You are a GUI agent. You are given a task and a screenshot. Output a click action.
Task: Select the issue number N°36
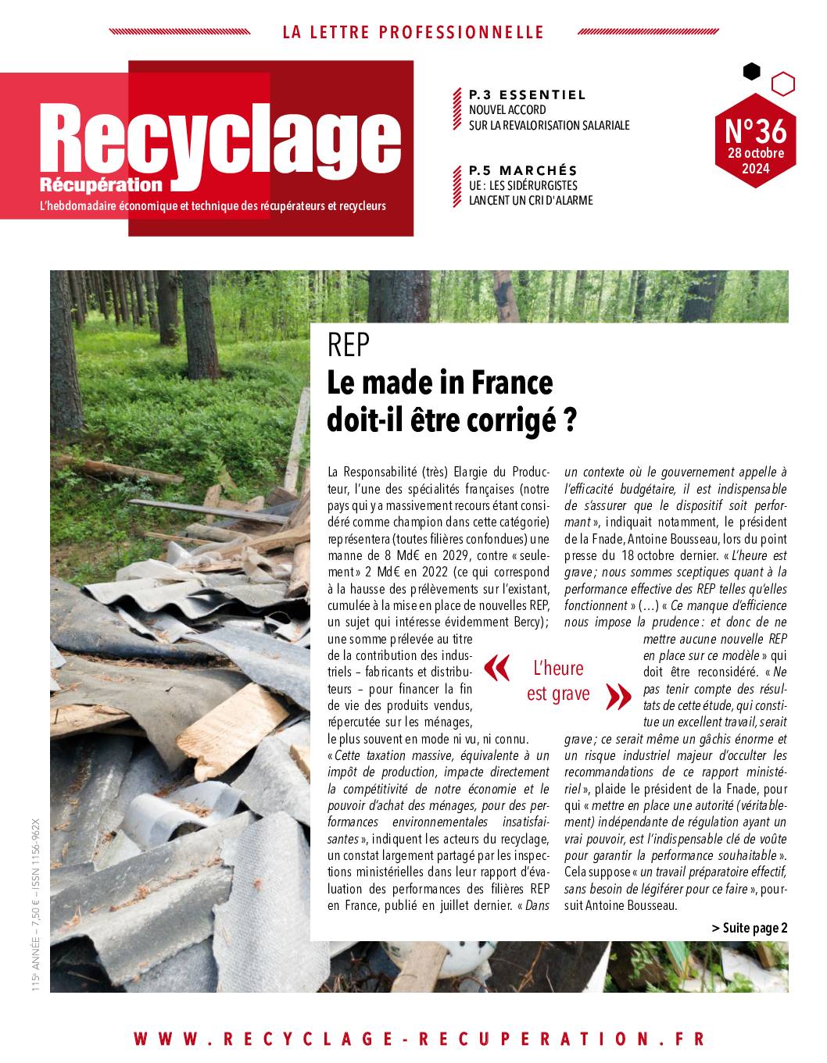(x=755, y=128)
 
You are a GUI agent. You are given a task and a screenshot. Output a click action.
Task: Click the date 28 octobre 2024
(x=755, y=160)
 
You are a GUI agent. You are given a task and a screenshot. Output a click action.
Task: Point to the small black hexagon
(x=751, y=72)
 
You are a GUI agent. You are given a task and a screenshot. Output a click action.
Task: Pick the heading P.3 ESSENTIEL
(x=527, y=95)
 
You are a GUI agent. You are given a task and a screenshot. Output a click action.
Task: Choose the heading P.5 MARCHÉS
(x=523, y=170)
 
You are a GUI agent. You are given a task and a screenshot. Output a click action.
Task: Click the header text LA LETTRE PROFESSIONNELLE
(x=413, y=33)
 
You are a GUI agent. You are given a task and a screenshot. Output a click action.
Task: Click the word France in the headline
(x=511, y=383)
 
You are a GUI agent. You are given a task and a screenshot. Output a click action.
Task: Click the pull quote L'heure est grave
(x=558, y=680)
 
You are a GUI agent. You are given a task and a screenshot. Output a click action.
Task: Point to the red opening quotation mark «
(x=497, y=668)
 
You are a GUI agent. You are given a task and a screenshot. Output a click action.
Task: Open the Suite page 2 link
(x=750, y=928)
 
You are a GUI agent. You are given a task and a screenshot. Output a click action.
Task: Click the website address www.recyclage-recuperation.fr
(x=420, y=1039)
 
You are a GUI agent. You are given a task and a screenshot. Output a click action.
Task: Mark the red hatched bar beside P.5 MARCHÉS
(x=457, y=185)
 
